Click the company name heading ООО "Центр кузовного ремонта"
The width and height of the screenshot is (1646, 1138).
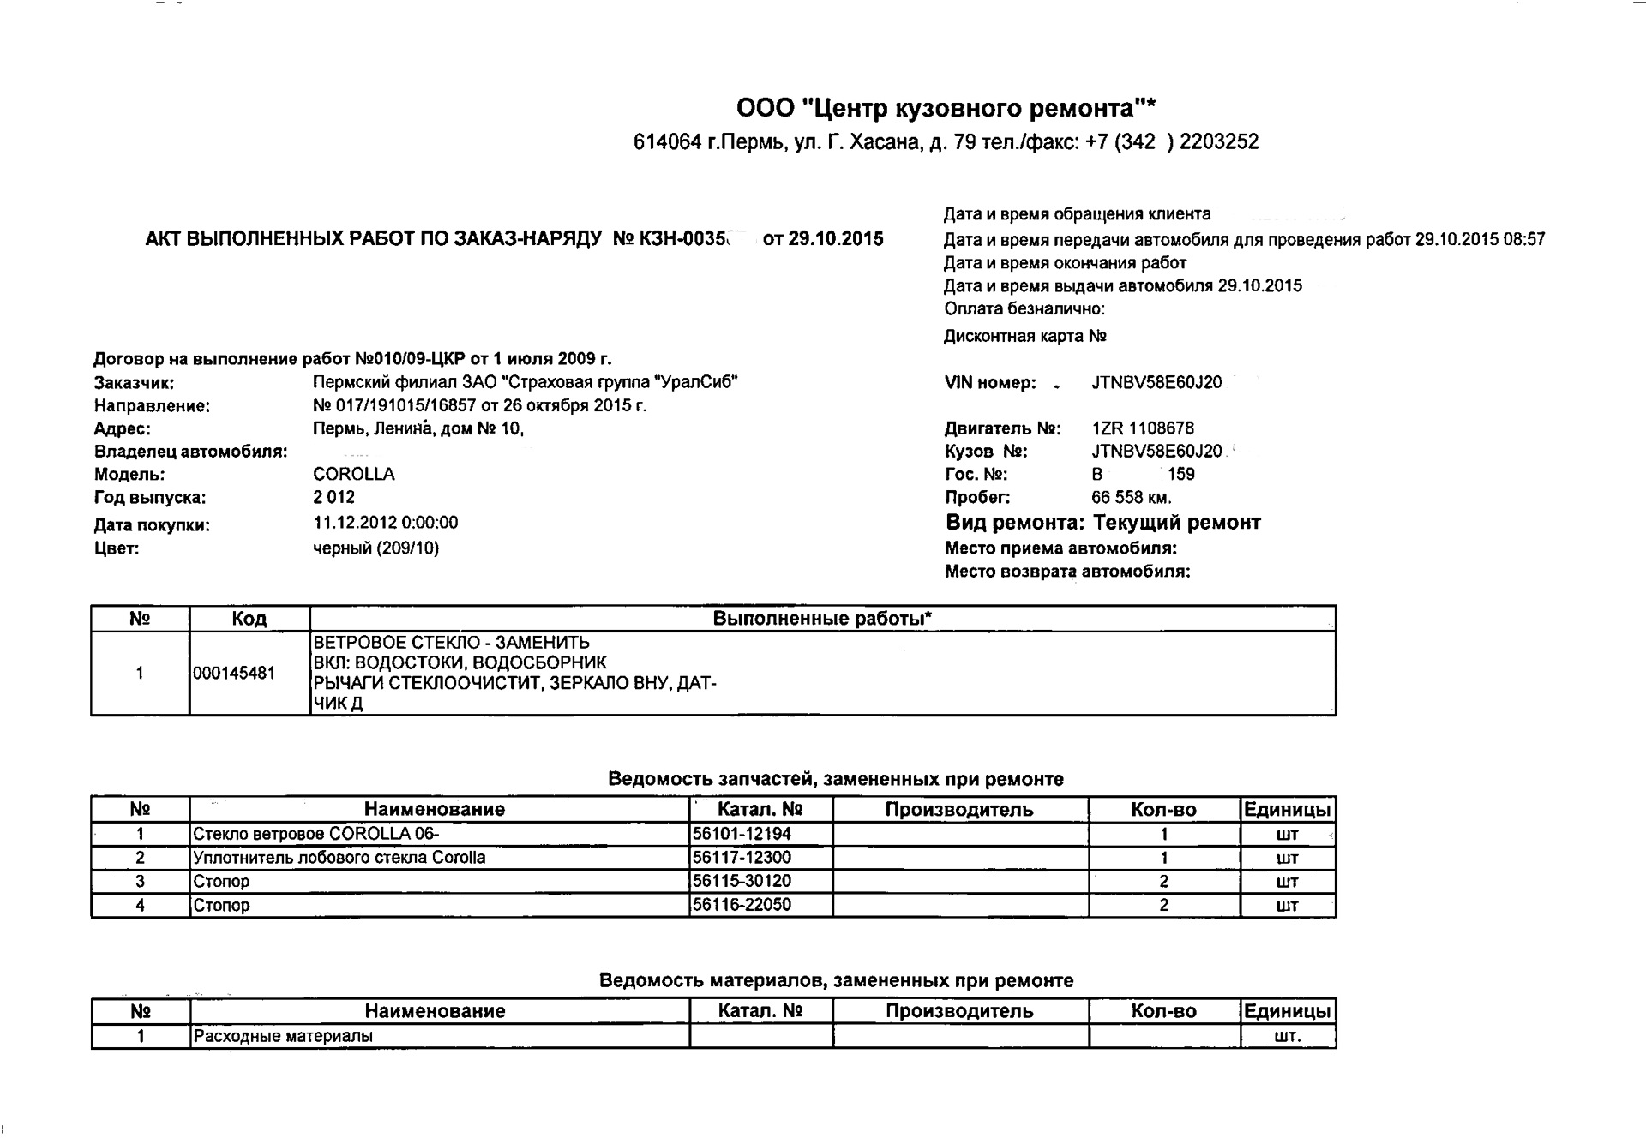[946, 109]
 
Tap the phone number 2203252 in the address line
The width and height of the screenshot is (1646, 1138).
[1219, 142]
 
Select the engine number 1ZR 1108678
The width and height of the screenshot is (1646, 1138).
[1143, 428]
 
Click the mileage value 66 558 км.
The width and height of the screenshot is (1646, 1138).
[1131, 498]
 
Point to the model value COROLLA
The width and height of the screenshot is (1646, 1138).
[354, 475]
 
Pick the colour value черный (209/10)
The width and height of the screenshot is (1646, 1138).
[376, 548]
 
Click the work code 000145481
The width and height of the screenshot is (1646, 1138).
[234, 674]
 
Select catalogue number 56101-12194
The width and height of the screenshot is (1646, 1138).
[742, 834]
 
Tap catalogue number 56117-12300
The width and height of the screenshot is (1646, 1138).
[742, 858]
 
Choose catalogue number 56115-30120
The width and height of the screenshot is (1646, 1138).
[742, 881]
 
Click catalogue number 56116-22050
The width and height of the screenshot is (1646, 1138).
[742, 905]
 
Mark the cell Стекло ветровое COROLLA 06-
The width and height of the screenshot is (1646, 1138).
[316, 834]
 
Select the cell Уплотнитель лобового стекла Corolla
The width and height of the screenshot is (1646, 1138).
[339, 858]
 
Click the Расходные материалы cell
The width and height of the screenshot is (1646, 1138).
[283, 1036]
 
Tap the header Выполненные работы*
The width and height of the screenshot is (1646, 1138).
[822, 619]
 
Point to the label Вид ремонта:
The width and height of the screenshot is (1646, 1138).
[1015, 523]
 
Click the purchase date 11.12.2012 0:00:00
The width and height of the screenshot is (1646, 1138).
[386, 523]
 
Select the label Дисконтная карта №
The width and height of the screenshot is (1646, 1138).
[1025, 337]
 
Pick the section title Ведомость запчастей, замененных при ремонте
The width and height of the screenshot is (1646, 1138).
[836, 779]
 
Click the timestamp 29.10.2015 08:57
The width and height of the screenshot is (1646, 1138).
[1481, 240]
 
